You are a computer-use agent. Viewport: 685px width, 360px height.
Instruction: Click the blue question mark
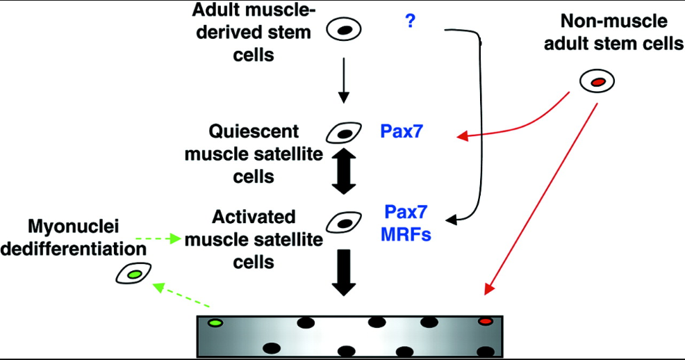pos(410,22)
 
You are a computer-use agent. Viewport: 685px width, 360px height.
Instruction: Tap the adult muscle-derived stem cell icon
pos(345,30)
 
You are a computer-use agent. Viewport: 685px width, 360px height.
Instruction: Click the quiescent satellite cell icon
pos(345,131)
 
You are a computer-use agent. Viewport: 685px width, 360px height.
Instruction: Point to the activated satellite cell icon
pos(345,222)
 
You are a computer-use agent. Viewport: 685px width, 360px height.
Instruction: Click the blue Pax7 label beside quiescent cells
pos(402,131)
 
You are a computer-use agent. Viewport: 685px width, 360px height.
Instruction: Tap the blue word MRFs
pos(406,235)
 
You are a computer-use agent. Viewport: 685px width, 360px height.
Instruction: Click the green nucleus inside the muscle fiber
pos(215,322)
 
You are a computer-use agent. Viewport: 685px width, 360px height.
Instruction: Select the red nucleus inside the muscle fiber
pos(485,322)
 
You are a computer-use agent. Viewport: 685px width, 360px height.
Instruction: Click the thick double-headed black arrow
pos(345,169)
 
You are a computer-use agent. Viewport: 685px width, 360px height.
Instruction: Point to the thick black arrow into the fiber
pos(345,271)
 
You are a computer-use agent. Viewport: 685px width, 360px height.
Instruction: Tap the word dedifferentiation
pos(73,249)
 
